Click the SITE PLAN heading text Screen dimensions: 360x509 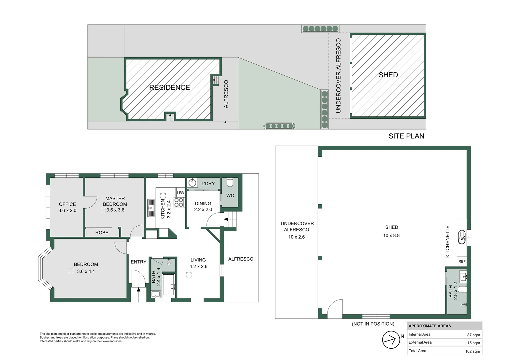(x=406, y=136)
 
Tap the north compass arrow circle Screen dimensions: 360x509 (x=391, y=340)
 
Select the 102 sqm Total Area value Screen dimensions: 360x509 (x=472, y=351)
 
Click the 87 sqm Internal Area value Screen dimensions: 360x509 (x=473, y=335)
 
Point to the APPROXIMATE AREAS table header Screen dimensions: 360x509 (x=430, y=326)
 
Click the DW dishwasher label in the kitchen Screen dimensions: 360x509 (x=180, y=193)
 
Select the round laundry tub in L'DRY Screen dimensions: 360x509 (x=193, y=183)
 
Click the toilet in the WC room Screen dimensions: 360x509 (x=230, y=183)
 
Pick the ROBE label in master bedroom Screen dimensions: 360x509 (x=102, y=233)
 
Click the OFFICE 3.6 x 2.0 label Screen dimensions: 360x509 (x=67, y=207)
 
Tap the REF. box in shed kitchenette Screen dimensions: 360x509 (x=462, y=262)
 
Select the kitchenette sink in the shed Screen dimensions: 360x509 (x=462, y=237)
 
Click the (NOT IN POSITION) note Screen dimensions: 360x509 (x=373, y=324)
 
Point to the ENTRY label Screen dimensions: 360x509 (x=138, y=262)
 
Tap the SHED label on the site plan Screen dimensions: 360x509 (x=388, y=75)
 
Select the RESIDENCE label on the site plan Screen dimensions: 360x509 (x=169, y=88)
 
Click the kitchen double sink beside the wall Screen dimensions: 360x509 (x=151, y=208)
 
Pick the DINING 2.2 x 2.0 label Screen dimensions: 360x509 (x=203, y=206)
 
